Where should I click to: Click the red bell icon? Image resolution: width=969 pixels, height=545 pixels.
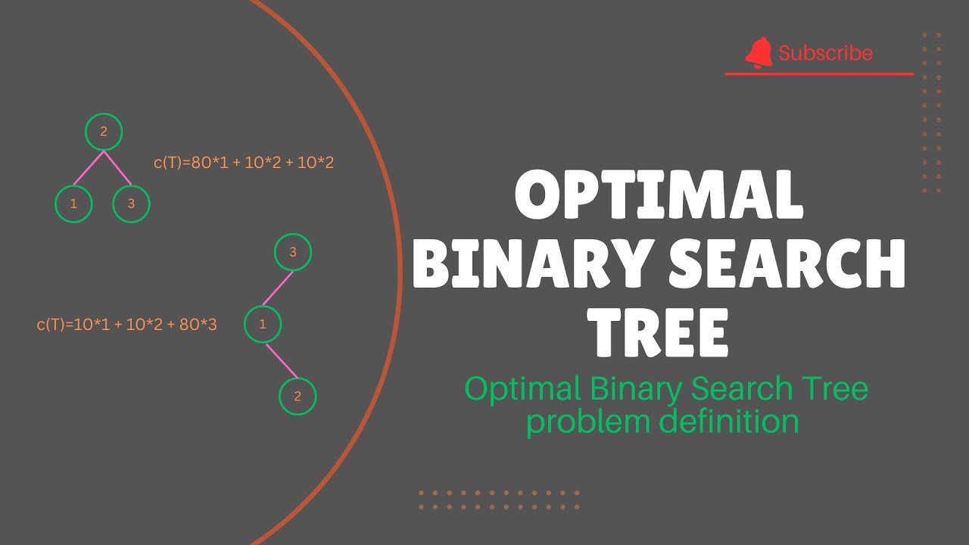[759, 53]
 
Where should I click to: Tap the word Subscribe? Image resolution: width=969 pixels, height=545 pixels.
[825, 53]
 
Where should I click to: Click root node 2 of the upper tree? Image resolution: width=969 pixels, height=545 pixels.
[104, 132]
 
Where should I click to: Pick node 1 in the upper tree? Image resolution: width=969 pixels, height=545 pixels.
[73, 204]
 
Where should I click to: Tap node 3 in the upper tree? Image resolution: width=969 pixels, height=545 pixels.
[131, 204]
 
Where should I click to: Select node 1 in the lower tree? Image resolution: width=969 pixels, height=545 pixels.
[263, 325]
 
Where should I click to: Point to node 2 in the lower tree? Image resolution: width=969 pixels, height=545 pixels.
[298, 396]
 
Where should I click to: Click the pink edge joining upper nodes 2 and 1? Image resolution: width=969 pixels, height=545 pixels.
[89, 167]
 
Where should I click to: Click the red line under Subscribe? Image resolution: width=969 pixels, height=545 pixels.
[819, 74]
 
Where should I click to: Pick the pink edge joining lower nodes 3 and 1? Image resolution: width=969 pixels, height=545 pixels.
[278, 288]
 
